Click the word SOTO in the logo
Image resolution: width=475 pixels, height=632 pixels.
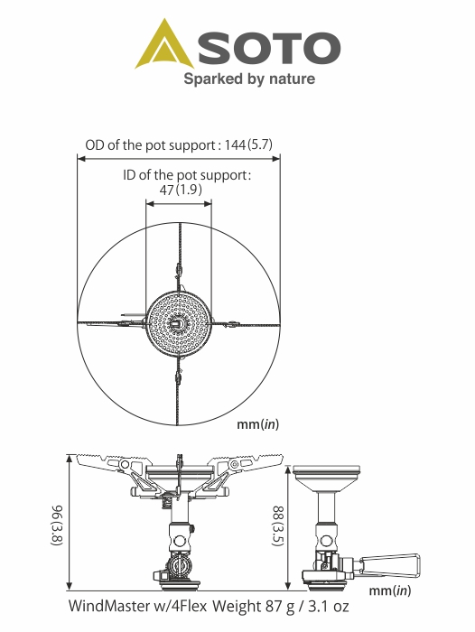coord(269,48)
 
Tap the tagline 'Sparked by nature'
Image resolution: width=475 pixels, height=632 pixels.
coord(249,79)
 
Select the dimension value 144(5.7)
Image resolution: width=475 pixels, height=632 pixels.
coord(248,144)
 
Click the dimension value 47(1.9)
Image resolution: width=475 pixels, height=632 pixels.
coord(181,189)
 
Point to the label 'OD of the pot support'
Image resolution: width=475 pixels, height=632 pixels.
coord(150,145)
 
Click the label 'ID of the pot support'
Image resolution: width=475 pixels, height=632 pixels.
coord(185,175)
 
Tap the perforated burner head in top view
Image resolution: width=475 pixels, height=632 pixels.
coord(178,323)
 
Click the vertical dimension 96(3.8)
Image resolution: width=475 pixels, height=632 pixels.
coord(57,525)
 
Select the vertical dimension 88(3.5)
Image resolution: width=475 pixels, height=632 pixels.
coord(278,526)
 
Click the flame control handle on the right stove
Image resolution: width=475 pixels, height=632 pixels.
coord(390,564)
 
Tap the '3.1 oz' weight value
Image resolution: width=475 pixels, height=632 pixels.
coord(329,606)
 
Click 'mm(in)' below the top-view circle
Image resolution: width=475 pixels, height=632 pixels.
coord(257,424)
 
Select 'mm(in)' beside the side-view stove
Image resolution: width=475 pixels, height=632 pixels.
coord(390,590)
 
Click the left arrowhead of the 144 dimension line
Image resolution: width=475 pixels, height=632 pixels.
coord(81,159)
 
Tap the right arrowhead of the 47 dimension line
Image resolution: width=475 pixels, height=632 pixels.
coord(208,203)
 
